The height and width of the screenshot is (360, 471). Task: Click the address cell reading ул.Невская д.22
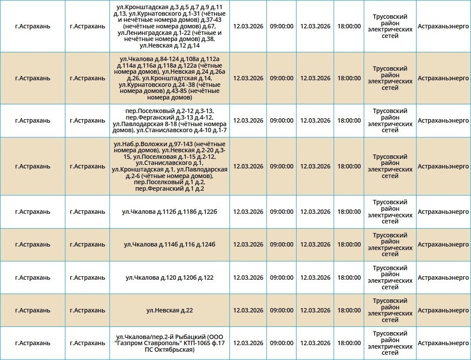coord(170,310)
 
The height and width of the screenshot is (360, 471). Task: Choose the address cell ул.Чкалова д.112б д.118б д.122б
coord(170,212)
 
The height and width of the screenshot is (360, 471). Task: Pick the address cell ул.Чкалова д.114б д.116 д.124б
coord(170,244)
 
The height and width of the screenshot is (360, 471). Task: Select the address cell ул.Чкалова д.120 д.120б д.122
coord(170,278)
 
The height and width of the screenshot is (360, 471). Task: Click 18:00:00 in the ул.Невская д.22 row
coord(349,310)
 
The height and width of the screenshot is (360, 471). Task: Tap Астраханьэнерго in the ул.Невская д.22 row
coord(443,310)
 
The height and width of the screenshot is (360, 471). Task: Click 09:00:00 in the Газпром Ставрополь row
coord(281,343)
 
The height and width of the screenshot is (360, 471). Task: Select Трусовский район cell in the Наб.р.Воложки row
coord(390,166)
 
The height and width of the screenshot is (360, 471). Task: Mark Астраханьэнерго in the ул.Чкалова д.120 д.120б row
coord(443,278)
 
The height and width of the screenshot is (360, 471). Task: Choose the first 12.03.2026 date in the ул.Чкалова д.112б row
coord(248,212)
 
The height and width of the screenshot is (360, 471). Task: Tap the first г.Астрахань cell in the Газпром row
coord(33,343)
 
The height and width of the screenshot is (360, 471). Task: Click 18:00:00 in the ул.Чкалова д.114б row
coord(349,244)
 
